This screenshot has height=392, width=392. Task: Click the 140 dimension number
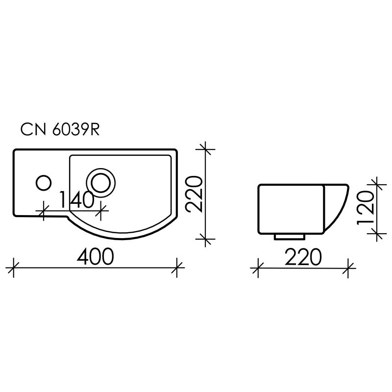pyautogui.click(x=76, y=200)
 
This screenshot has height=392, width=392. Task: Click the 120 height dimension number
pyautogui.click(x=367, y=208)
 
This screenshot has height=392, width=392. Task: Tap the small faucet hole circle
pyautogui.click(x=44, y=183)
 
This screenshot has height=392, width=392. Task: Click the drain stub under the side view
pyautogui.click(x=290, y=236)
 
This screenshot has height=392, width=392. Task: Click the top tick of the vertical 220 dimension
pyautogui.click(x=205, y=147)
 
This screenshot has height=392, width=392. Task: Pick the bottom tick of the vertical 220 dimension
pyautogui.click(x=205, y=239)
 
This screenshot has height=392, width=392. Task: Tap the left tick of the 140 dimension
pyautogui.click(x=44, y=211)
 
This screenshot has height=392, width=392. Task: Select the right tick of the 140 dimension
pyautogui.click(x=101, y=211)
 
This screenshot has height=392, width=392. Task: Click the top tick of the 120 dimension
pyautogui.click(x=377, y=184)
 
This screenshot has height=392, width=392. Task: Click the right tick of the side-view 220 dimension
pyautogui.click(x=348, y=268)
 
